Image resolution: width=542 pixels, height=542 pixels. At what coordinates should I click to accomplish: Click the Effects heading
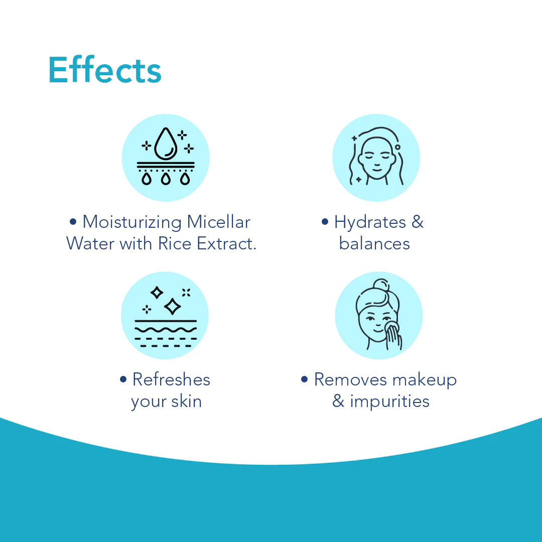105,71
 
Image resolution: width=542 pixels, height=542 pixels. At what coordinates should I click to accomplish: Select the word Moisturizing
132,222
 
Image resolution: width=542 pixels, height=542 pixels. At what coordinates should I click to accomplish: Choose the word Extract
226,243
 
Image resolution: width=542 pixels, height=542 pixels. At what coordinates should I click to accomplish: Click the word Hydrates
370,222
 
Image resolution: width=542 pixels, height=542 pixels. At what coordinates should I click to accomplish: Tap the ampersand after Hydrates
418,222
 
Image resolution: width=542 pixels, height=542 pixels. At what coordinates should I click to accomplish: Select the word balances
374,244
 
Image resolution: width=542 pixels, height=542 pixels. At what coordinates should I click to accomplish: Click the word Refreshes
171,379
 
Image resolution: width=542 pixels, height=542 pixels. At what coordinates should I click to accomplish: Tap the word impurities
390,401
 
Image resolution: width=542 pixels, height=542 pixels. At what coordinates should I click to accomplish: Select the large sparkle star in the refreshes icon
173,306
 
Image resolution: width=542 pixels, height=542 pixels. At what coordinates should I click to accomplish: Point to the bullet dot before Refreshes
123,379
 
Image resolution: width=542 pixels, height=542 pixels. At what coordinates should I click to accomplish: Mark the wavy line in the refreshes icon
166,330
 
